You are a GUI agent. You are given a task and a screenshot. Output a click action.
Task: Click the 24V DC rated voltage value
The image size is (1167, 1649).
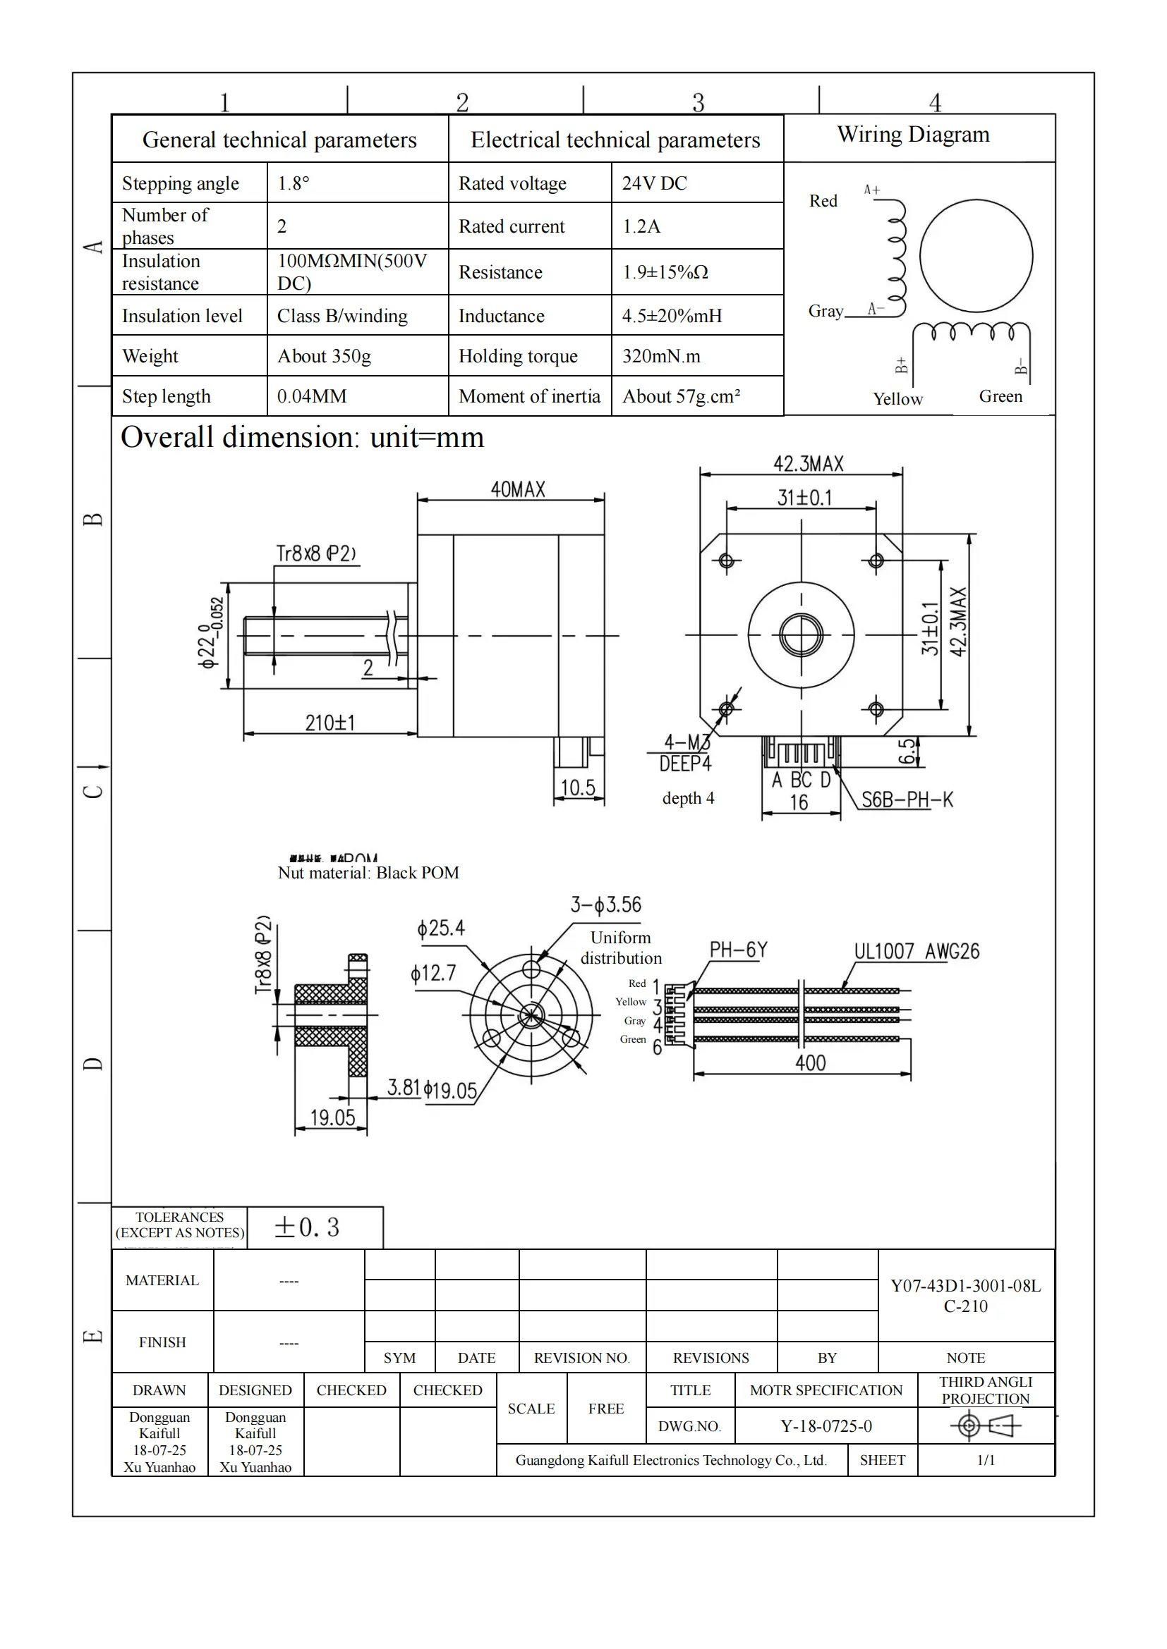tap(654, 183)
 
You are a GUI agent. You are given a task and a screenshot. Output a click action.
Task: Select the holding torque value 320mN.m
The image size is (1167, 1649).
tap(660, 356)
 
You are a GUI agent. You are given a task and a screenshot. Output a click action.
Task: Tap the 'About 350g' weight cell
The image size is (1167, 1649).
tap(324, 356)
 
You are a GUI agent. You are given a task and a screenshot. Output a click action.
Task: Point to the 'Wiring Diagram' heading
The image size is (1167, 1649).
tap(912, 135)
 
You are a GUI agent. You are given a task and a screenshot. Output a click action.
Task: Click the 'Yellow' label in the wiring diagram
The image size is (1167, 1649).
tap(897, 398)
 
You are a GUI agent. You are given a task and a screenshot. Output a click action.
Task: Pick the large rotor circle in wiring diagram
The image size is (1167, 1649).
tap(976, 256)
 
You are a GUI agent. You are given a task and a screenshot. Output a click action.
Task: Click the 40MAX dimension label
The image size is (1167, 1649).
tap(517, 490)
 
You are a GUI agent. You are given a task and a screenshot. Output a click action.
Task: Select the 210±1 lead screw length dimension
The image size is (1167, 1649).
tap(329, 723)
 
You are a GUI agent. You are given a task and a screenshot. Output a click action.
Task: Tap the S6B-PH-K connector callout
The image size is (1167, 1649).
tap(907, 799)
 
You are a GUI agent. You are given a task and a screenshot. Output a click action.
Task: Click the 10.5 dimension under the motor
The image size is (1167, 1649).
tap(578, 788)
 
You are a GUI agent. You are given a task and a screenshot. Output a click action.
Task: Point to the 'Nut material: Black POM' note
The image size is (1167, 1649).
tap(368, 873)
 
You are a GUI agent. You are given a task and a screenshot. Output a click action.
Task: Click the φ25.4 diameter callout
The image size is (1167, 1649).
tap(440, 928)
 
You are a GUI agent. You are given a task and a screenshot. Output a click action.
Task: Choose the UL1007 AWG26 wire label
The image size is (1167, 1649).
tap(917, 951)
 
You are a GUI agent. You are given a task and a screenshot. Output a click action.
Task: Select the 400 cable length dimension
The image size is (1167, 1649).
tap(810, 1063)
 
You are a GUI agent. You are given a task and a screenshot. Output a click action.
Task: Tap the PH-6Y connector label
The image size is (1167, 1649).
tap(738, 950)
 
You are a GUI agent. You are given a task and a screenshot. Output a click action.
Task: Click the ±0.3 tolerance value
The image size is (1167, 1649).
tap(307, 1227)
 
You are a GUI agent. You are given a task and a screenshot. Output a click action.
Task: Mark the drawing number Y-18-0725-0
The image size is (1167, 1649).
tap(826, 1426)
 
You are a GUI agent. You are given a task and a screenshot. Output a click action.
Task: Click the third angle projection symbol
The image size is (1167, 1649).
tap(985, 1425)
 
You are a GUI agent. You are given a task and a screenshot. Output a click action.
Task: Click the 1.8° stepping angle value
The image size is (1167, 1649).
tap(294, 183)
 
